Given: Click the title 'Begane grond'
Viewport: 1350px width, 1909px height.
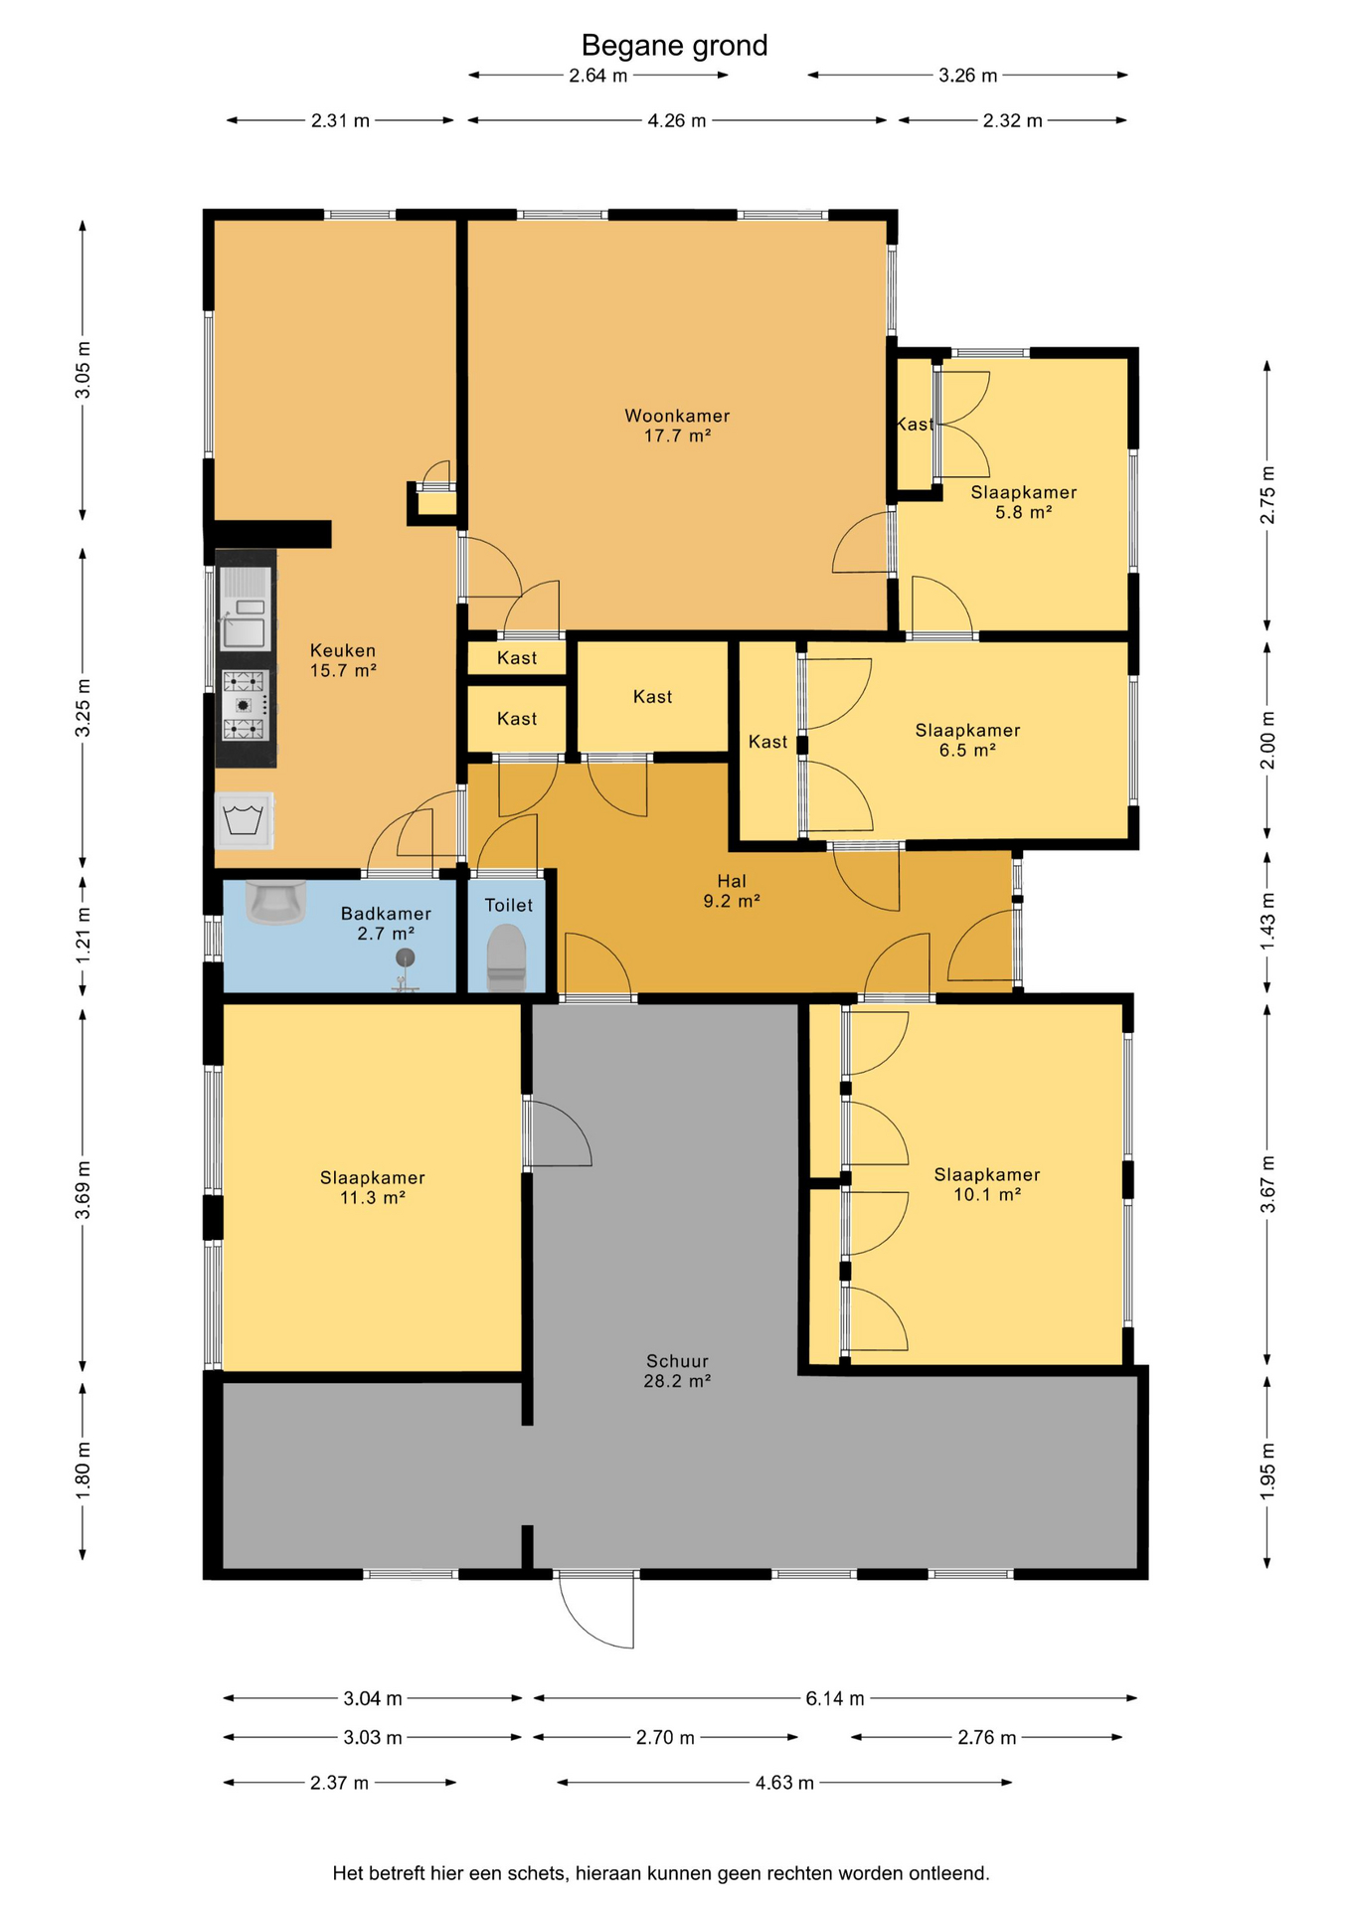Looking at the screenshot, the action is (x=674, y=46).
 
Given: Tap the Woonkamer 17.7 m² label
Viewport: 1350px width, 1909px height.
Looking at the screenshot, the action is (x=677, y=426).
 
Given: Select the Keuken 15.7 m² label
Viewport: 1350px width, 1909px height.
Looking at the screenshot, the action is (x=343, y=660).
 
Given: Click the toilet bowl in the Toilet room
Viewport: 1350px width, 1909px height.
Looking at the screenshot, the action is (x=506, y=956).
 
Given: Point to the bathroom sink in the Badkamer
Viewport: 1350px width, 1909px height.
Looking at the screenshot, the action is (x=275, y=902).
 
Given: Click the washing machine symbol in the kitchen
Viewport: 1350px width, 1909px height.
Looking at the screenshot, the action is (x=244, y=820).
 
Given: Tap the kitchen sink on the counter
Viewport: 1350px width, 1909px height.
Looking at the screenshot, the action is (x=245, y=609).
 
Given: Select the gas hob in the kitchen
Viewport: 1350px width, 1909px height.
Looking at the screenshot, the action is (x=245, y=705).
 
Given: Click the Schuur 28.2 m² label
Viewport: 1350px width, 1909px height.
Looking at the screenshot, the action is (x=677, y=1370).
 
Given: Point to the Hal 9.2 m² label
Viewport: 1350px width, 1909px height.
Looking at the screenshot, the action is (x=732, y=891).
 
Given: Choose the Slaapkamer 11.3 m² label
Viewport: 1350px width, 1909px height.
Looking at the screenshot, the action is (x=373, y=1187).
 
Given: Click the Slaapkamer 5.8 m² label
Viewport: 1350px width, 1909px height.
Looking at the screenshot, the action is (x=1024, y=502).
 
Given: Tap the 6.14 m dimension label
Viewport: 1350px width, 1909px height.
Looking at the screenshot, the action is (x=835, y=1698).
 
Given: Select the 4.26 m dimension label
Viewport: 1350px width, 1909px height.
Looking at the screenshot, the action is (x=677, y=120).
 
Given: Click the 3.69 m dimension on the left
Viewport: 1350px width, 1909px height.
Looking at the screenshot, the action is (x=84, y=1190).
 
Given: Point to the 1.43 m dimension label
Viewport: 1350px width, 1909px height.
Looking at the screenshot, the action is (x=1267, y=920).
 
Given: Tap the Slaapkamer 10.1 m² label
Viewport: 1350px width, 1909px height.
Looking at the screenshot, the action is (x=987, y=1184).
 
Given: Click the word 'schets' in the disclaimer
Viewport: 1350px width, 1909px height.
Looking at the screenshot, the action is (x=537, y=1873).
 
